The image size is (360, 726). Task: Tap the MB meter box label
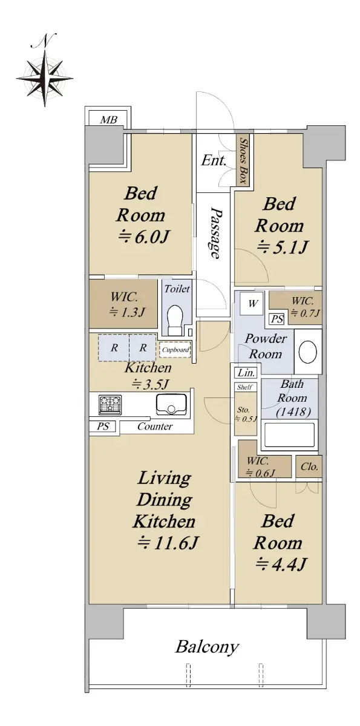[x=108, y=120]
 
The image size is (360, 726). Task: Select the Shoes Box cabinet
[x=244, y=160]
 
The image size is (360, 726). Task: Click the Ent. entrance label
[x=214, y=160]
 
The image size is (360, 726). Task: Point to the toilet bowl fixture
[x=175, y=320]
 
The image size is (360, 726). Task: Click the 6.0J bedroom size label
[x=143, y=238]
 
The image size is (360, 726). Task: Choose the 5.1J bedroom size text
[x=281, y=248]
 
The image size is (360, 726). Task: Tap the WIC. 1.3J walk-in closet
[x=123, y=303]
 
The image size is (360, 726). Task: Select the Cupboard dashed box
[x=175, y=350]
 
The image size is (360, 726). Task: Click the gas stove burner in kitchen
[x=110, y=405]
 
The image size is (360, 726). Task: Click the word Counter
[x=155, y=426]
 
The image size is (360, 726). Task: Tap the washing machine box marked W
[x=253, y=304]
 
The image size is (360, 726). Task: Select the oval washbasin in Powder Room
[x=307, y=352]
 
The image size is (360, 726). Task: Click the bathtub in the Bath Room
[x=289, y=434]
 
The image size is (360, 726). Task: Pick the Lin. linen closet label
[x=246, y=373]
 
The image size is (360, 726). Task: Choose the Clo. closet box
[x=309, y=466]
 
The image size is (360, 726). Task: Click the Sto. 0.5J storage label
[x=246, y=414]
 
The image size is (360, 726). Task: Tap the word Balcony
[x=208, y=647]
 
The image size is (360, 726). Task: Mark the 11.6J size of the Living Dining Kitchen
[x=168, y=543]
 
